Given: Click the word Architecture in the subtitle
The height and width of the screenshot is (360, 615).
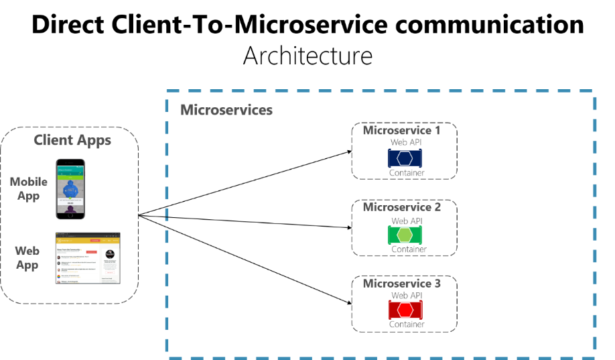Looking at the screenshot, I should click(307, 55).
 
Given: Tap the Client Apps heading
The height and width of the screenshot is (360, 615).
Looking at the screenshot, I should click(72, 140).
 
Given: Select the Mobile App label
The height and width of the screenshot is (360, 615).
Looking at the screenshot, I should click(28, 189).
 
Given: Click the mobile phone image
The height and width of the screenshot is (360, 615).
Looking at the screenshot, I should click(70, 189).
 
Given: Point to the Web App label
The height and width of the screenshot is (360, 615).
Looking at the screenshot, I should click(27, 258).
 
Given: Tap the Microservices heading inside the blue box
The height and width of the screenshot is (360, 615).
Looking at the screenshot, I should click(226, 109).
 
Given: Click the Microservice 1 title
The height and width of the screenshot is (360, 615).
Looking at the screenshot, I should click(402, 130).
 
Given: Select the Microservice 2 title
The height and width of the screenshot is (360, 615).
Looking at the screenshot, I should click(402, 207).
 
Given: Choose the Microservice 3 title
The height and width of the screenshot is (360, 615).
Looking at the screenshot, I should click(402, 284).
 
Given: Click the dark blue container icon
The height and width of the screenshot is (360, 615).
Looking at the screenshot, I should click(405, 158).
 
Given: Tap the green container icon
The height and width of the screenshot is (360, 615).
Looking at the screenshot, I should click(405, 235).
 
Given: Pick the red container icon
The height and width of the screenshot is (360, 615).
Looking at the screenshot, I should click(405, 310).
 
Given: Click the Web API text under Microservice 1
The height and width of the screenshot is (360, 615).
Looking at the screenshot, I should click(406, 142).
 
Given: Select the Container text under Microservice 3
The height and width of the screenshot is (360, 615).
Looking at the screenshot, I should click(407, 324).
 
